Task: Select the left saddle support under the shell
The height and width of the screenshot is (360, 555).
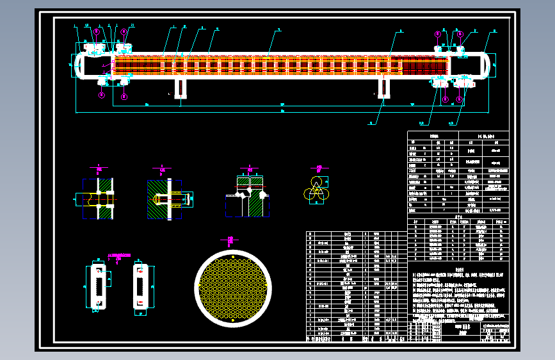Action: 181,88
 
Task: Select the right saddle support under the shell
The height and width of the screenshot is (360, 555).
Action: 383,88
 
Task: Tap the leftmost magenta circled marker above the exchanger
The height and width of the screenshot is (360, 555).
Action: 97,31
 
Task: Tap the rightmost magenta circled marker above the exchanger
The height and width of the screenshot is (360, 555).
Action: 460,32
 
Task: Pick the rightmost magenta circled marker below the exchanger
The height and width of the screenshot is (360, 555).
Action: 460,99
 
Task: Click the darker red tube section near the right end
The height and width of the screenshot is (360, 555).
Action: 422,65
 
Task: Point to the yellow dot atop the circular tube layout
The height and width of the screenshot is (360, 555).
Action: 233,257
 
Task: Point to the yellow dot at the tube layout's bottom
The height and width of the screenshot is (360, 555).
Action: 233,318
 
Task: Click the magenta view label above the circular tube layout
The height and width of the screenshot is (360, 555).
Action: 229,240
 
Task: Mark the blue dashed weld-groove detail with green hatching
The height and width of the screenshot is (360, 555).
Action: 247,199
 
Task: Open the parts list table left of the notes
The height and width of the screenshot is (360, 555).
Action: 356,287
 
